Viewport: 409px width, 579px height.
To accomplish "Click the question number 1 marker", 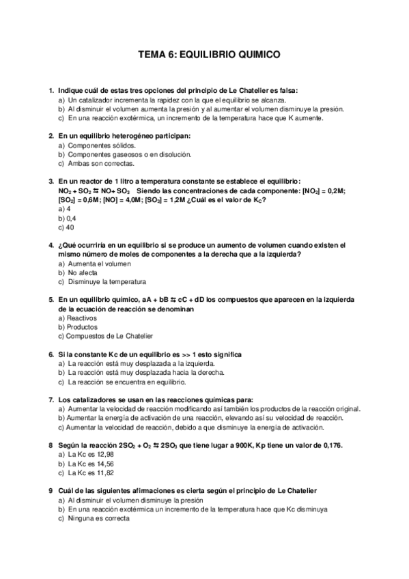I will coord(51,90).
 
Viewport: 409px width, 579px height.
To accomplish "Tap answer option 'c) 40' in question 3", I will coord(67,227).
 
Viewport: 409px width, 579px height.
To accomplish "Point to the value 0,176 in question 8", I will coord(330,445).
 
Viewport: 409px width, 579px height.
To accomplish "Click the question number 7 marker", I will coord(51,399).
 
